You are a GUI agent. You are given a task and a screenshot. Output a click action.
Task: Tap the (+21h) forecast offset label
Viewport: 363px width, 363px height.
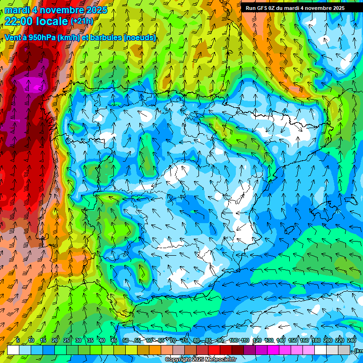[x=82, y=21]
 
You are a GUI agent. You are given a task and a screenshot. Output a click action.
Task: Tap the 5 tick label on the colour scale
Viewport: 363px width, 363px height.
[x=18, y=340]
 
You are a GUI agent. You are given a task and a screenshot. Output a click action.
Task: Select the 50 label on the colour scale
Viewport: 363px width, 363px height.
[x=125, y=340]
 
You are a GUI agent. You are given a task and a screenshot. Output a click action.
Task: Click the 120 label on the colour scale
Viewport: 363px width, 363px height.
[x=257, y=340]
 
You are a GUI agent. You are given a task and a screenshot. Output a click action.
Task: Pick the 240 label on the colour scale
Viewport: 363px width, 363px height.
[x=352, y=340]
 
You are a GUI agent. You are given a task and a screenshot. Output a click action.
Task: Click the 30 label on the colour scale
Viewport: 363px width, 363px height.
[x=78, y=340]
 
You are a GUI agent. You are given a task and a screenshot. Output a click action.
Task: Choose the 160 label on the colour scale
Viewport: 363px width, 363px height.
[x=304, y=340]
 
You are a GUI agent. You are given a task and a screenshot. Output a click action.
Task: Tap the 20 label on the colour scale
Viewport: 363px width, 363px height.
[x=54, y=340]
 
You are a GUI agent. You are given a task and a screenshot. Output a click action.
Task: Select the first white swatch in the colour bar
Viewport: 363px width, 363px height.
[x=13, y=350]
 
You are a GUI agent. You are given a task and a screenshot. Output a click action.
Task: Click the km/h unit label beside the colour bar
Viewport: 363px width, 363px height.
[x=359, y=350]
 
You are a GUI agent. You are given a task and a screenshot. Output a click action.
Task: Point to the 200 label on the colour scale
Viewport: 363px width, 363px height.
[x=328, y=340]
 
